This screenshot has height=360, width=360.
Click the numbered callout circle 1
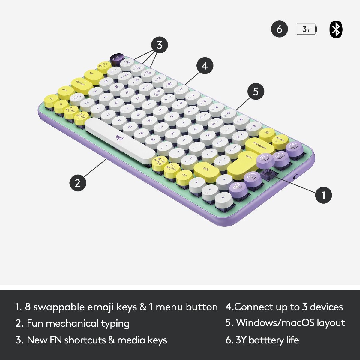[323, 195]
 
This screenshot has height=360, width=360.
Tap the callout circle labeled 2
[78, 182]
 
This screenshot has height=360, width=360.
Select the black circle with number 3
[159, 45]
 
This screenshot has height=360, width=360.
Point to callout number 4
[205, 66]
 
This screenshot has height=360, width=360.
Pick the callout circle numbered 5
[256, 91]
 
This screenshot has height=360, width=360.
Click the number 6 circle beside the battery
[279, 29]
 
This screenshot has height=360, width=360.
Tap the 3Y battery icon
[307, 29]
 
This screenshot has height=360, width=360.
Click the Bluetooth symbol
[336, 29]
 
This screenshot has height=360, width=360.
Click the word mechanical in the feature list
[72, 323]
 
